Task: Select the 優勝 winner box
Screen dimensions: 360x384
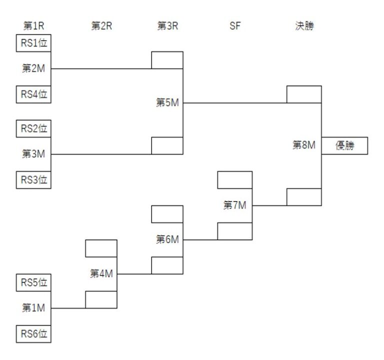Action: point(344,145)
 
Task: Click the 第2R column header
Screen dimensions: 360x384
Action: point(101,26)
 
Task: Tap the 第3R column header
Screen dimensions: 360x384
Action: point(167,26)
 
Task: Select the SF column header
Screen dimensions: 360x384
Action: point(235,26)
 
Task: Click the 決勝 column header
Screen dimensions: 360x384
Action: point(304,26)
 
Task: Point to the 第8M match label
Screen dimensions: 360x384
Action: point(304,145)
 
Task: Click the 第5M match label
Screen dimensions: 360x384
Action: point(167,103)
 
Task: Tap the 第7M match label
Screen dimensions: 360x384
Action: point(235,205)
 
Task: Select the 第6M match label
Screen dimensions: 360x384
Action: point(167,239)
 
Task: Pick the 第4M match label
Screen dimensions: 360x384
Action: point(101,273)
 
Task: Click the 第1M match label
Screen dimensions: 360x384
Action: point(34,308)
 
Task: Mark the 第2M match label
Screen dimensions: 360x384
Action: point(34,68)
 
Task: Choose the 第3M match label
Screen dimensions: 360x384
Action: point(34,154)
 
